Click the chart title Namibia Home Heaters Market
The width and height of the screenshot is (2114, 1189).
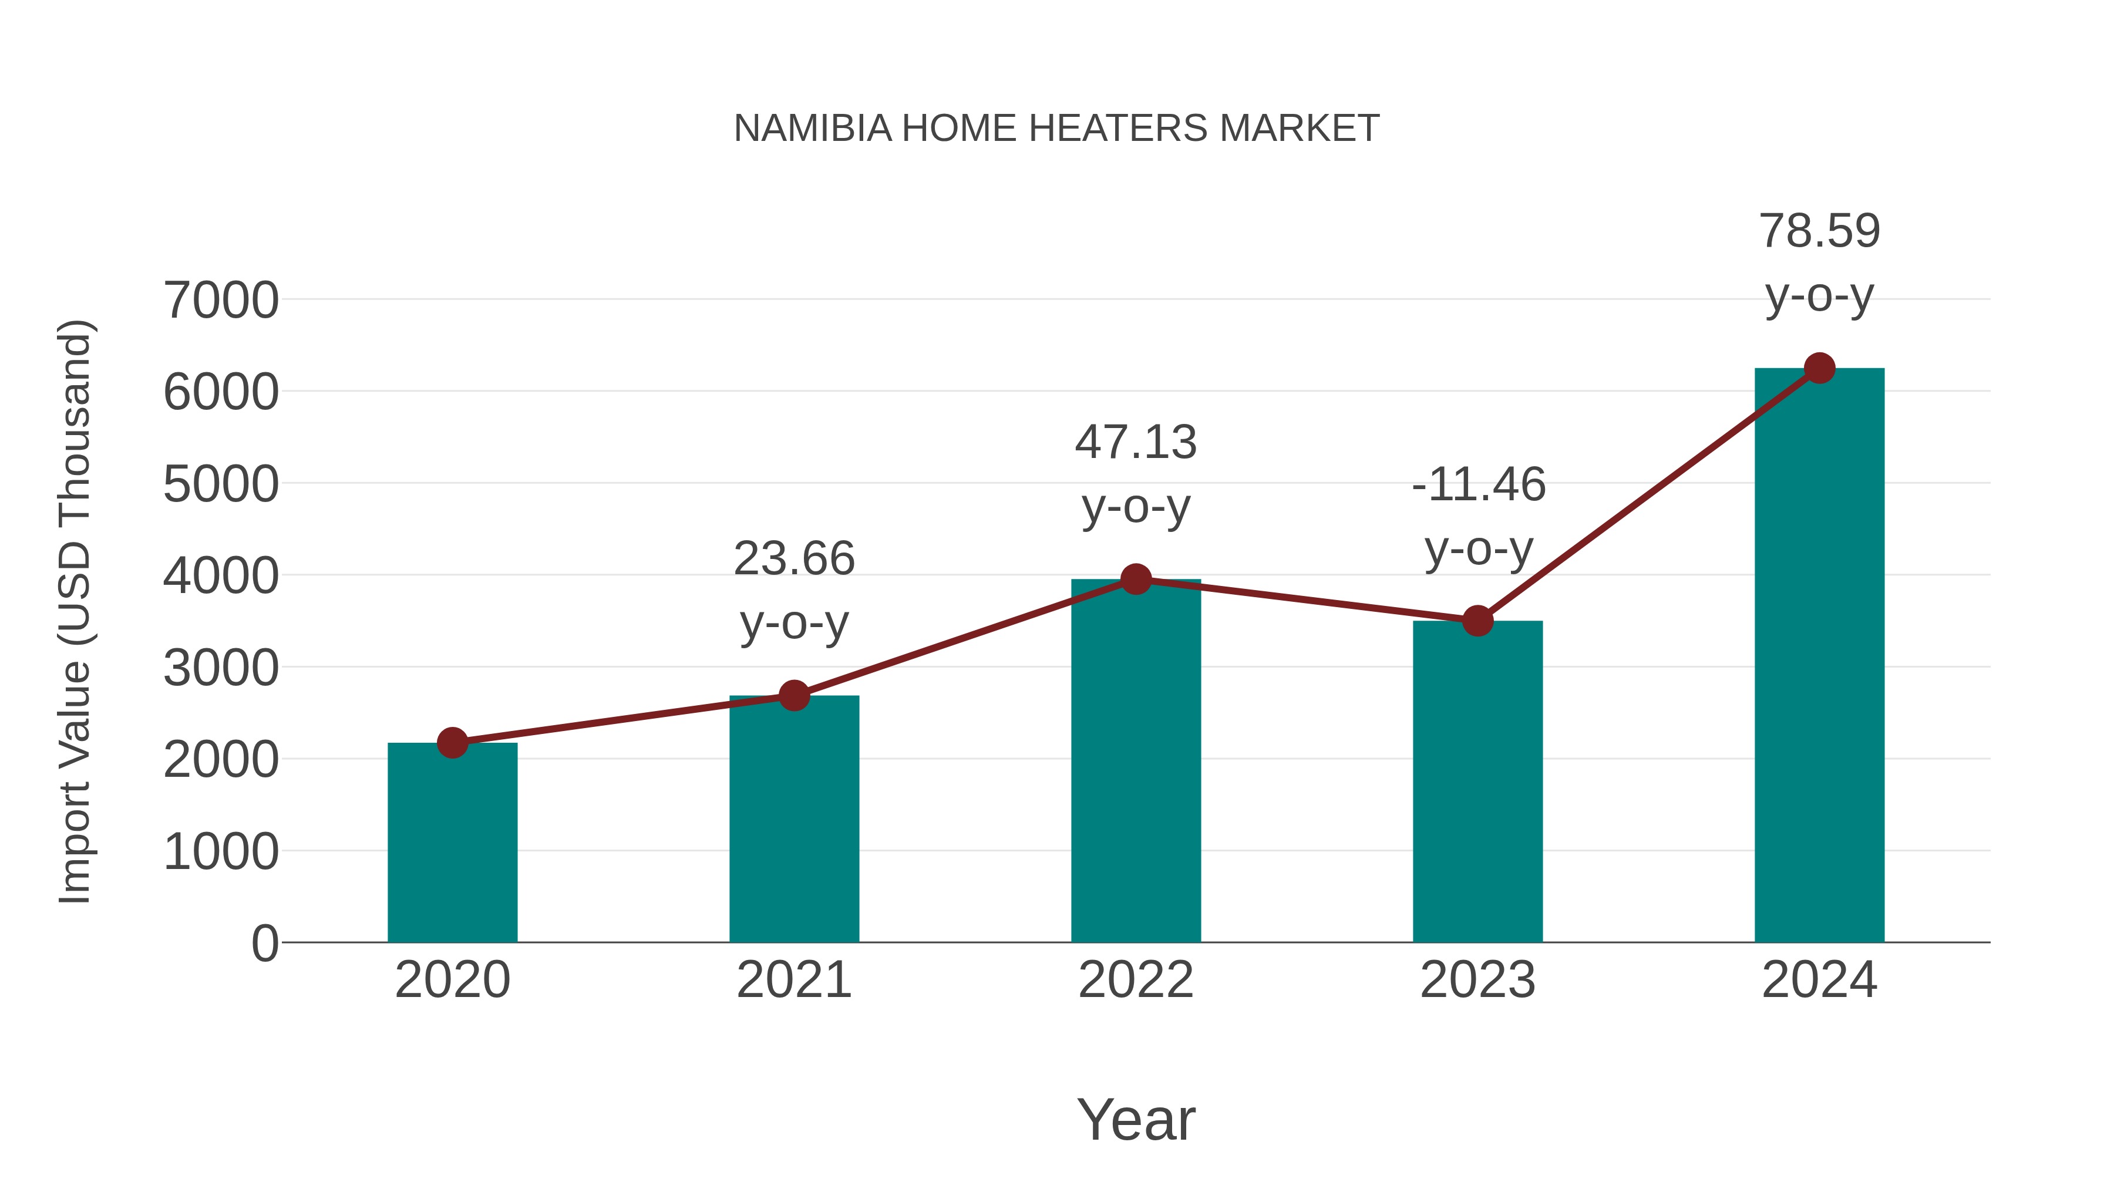[1056, 129]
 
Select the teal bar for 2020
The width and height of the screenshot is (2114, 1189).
[452, 845]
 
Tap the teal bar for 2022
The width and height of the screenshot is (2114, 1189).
[1136, 763]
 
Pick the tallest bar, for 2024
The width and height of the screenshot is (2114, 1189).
[1819, 656]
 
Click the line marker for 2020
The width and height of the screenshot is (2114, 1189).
[452, 743]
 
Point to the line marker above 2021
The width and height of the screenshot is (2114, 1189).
[793, 696]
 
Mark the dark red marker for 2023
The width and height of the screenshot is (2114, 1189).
[1477, 621]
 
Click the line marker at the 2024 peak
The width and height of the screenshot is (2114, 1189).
[1819, 368]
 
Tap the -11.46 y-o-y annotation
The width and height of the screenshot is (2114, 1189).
[1478, 516]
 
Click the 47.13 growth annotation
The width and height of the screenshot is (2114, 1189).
[1136, 474]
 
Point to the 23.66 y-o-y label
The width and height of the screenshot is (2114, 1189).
[793, 591]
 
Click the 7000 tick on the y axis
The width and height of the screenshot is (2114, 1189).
[221, 300]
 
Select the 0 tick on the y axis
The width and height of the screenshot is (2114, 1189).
[265, 943]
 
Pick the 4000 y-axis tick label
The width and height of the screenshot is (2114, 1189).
[221, 576]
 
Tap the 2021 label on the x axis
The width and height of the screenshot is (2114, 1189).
[793, 980]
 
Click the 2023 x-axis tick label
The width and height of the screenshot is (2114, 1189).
[1477, 980]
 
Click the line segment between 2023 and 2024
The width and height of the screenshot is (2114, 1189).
[1648, 495]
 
